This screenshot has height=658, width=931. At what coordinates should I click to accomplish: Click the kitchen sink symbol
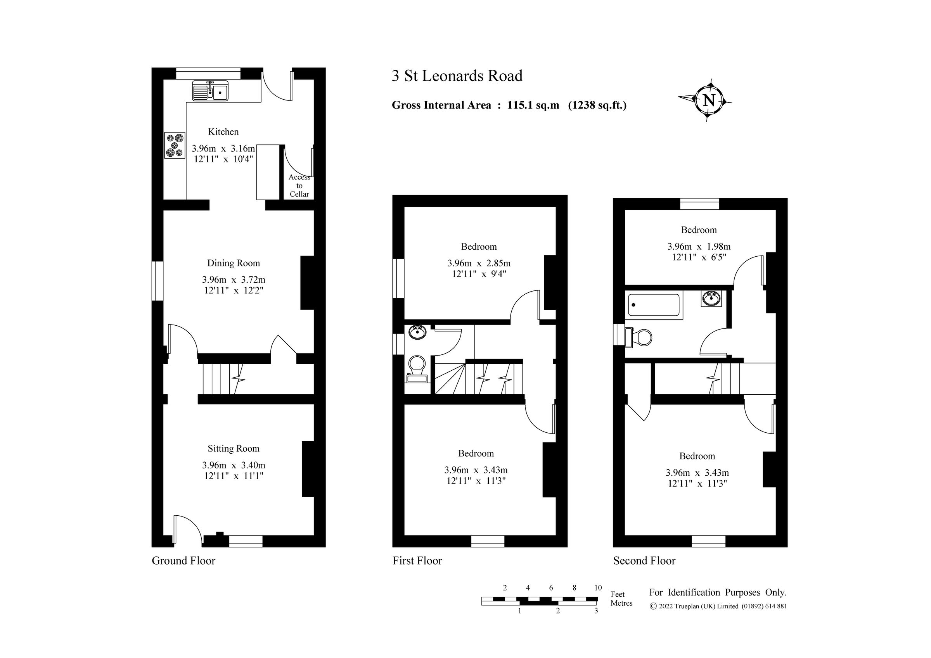[x=210, y=91]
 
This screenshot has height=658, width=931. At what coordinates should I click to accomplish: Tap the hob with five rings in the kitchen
[x=175, y=145]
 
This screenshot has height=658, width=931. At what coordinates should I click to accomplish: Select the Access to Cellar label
[x=299, y=186]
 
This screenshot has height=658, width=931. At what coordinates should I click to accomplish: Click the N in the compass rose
[x=708, y=100]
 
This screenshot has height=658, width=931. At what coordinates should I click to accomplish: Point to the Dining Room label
[x=233, y=263]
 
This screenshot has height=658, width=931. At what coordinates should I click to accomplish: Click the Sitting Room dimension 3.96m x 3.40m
[x=234, y=465]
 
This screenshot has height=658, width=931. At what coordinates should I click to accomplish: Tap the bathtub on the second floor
[x=653, y=305]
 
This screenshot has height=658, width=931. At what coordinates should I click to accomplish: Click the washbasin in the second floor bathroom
[x=711, y=299]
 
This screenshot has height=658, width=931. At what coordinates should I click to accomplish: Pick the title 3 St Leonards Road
[x=457, y=76]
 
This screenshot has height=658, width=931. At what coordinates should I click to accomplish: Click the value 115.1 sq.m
[x=533, y=105]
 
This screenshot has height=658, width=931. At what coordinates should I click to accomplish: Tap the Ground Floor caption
[x=183, y=561]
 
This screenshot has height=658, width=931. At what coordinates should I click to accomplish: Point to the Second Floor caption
[x=644, y=561]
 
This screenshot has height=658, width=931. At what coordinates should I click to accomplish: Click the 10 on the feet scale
[x=598, y=588]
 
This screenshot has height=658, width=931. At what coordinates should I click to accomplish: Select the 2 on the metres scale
[x=557, y=611]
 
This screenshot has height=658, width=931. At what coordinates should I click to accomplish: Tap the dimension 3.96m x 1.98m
[x=699, y=247]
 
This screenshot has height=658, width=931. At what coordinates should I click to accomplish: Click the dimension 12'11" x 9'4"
[x=479, y=274]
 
